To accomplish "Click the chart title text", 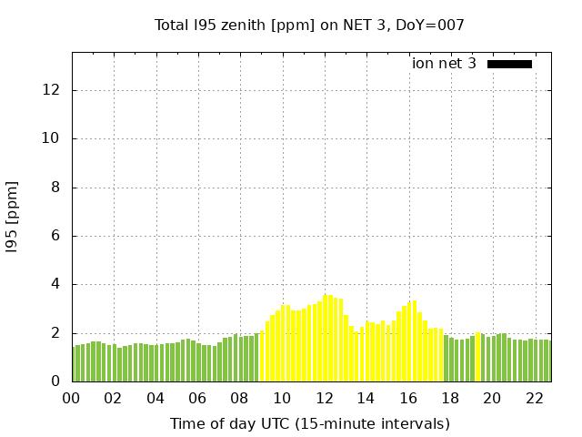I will coord(309,25).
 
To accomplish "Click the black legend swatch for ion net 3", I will coord(509,64).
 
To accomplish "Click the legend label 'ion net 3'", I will coord(444,64).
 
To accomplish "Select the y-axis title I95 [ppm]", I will coord(13,218).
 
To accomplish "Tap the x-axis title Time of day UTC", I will coord(309,423).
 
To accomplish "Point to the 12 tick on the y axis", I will coord(52,90).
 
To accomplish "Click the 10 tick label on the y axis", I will coord(52,138).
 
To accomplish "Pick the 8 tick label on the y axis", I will coord(55,188).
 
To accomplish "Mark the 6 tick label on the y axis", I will coord(55,236).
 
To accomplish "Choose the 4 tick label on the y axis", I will coord(55,284).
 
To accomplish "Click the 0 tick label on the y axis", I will coord(55,381).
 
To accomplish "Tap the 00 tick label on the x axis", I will coord(72,398).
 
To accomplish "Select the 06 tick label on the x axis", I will coord(197,398).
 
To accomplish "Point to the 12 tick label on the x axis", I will coord(324,398).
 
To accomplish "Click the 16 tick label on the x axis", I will coord(407,398).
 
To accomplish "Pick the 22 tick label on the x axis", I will coord(534,398).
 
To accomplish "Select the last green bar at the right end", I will coord(547,361).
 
